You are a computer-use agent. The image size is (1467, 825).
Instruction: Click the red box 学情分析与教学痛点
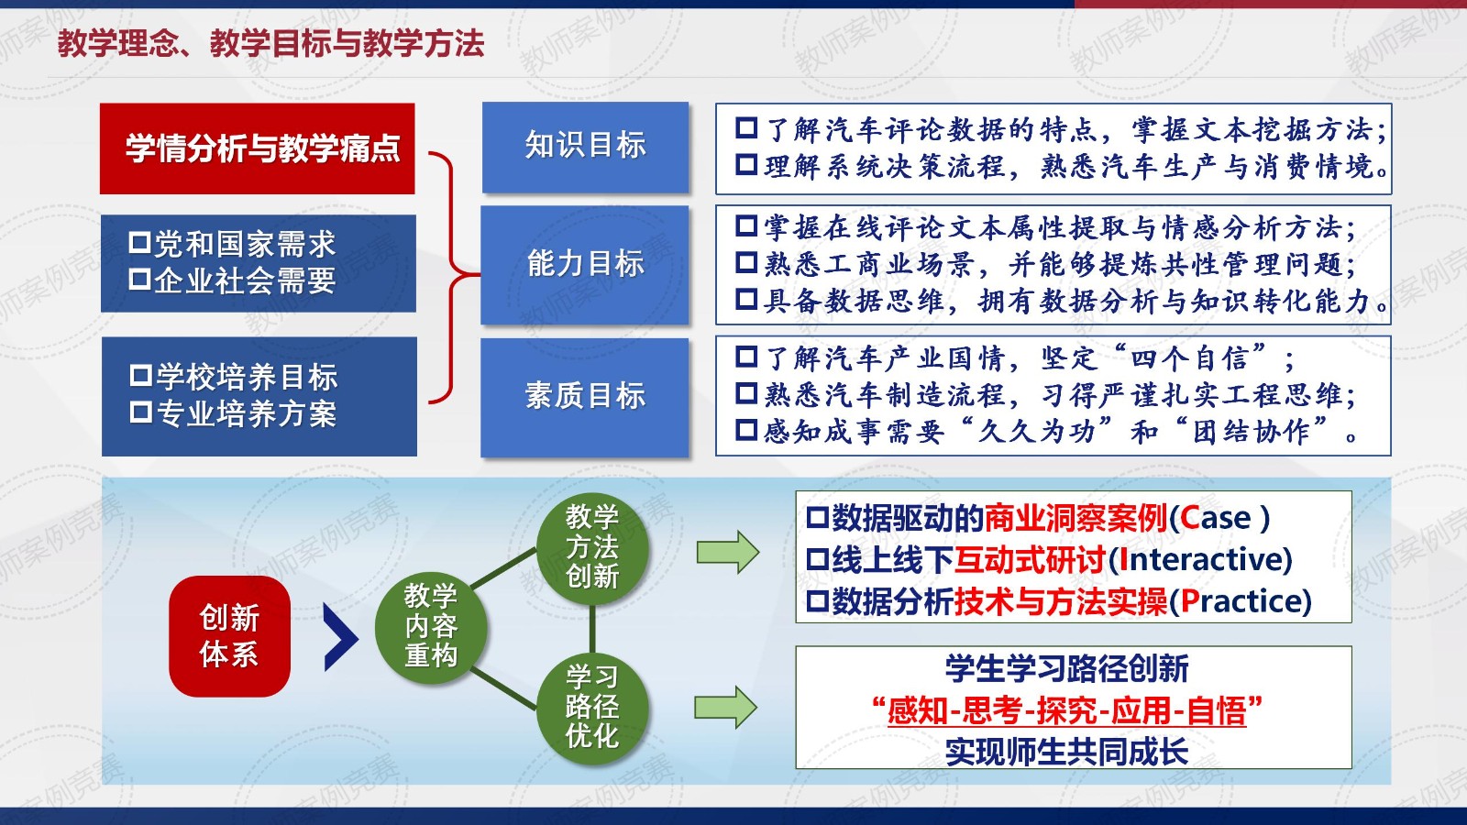pyautogui.click(x=258, y=148)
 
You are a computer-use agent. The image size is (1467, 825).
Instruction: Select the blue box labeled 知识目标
pyautogui.click(x=586, y=148)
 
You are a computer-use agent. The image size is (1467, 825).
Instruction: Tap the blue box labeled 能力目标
pyautogui.click(x=585, y=265)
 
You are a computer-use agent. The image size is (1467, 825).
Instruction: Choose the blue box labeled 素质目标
pyautogui.click(x=585, y=398)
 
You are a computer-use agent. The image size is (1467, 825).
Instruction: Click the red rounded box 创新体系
pyautogui.click(x=229, y=636)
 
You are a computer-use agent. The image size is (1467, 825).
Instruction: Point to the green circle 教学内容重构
pyautogui.click(x=431, y=627)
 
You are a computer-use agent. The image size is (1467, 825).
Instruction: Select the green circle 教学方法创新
pyautogui.click(x=592, y=548)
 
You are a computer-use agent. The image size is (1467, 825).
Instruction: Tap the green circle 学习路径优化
pyautogui.click(x=592, y=708)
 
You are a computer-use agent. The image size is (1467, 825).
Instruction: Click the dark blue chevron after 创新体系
pyautogui.click(x=340, y=637)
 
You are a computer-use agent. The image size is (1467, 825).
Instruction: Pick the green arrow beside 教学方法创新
pyautogui.click(x=728, y=552)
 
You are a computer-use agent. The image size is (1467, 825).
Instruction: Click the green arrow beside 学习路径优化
pyautogui.click(x=725, y=707)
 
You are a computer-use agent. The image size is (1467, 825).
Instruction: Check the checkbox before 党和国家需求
pyautogui.click(x=139, y=242)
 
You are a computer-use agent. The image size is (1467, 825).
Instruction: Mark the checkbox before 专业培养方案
pyautogui.click(x=141, y=412)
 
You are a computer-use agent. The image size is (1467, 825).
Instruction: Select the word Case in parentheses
pyautogui.click(x=1216, y=519)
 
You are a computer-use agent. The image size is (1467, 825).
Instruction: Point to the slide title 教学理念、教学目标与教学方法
pyautogui.click(x=271, y=44)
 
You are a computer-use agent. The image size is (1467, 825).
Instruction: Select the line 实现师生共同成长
pyautogui.click(x=1067, y=751)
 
